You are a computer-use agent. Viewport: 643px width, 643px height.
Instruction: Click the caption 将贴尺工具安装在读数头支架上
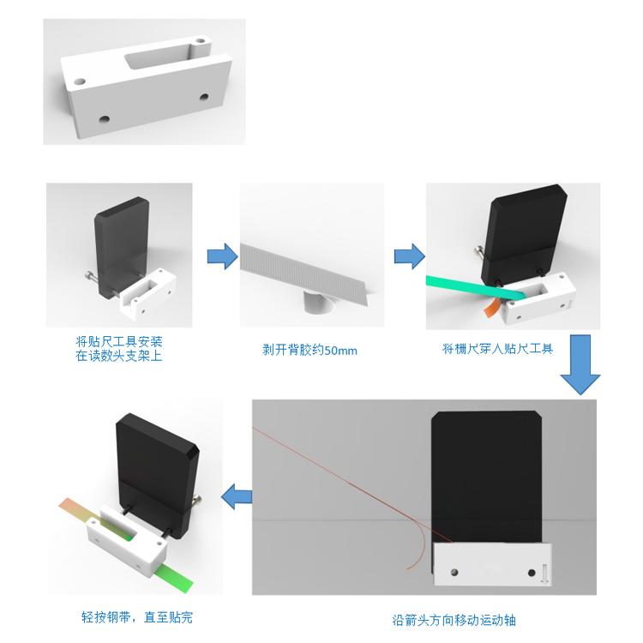point(119,349)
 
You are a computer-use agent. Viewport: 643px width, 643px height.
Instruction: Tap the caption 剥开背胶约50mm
point(309,350)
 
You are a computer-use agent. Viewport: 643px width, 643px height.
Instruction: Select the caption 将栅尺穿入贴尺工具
point(497,349)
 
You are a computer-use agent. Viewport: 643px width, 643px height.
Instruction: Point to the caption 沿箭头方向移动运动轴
point(454,620)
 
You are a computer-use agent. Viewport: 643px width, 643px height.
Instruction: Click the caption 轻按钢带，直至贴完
point(137,617)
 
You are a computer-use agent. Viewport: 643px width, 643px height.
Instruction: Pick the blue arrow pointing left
point(237,496)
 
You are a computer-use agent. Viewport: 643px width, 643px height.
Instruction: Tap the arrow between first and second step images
point(222,256)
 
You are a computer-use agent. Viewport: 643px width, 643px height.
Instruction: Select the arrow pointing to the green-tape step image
point(409,256)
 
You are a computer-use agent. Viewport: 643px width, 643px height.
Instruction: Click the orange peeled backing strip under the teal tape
point(492,309)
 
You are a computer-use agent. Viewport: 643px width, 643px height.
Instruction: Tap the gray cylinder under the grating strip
point(320,303)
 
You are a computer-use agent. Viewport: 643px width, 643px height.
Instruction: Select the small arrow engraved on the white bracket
point(545,573)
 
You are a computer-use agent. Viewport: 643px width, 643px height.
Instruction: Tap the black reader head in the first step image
point(122,246)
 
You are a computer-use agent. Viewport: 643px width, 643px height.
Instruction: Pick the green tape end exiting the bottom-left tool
point(171,574)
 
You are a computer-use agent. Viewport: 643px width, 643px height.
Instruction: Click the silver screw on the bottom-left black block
point(197,501)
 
